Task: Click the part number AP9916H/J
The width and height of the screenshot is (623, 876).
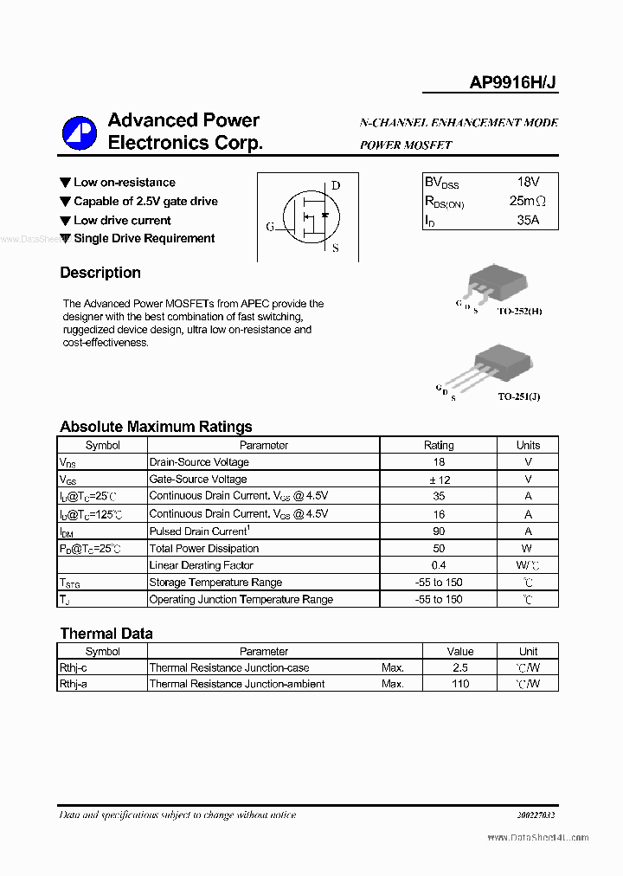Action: point(513,82)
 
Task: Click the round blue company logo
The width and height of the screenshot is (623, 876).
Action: point(80,132)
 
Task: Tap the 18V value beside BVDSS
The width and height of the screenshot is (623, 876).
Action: point(528,183)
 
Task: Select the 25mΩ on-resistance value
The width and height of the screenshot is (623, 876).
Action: point(527,202)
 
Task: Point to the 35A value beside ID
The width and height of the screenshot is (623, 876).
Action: point(528,221)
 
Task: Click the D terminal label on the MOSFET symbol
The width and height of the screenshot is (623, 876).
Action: point(336,185)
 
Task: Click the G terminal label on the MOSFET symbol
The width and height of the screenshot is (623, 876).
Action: point(270,227)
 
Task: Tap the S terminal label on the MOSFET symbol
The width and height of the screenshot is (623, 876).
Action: point(336,248)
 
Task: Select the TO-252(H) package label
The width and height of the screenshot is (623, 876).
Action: point(519,310)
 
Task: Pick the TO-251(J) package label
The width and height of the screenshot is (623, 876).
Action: point(519,396)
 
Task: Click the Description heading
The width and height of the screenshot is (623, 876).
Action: point(100,273)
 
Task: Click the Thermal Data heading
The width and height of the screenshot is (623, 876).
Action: point(106,634)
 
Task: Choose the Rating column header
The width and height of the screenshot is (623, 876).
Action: point(439,445)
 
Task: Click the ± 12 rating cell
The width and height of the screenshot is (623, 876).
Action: point(439,480)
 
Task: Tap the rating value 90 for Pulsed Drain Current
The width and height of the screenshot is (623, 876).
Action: point(439,531)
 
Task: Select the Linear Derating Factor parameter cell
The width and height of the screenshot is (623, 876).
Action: point(201,565)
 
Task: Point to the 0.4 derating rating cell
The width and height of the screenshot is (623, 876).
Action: point(439,565)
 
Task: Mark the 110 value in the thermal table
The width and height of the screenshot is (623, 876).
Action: point(459,684)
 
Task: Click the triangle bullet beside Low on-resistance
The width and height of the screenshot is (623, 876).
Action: point(65,183)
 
